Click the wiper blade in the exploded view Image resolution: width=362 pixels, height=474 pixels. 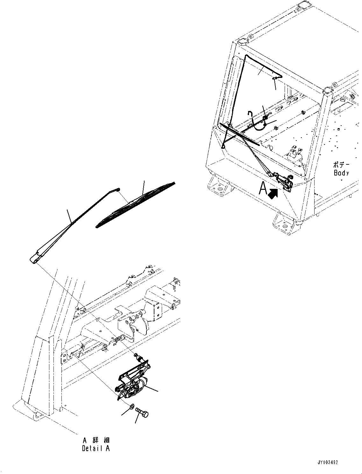[135, 205]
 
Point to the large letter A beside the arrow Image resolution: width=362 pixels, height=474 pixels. [263, 188]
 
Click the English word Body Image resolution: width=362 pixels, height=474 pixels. [341, 173]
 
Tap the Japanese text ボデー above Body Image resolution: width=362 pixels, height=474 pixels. [341, 165]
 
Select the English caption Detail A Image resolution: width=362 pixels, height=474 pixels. [96, 449]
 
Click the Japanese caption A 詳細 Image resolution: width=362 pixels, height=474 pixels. [96, 440]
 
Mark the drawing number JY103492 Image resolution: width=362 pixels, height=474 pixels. [327, 462]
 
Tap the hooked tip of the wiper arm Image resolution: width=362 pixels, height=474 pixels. [118, 189]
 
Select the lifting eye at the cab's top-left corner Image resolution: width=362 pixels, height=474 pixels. [243, 41]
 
